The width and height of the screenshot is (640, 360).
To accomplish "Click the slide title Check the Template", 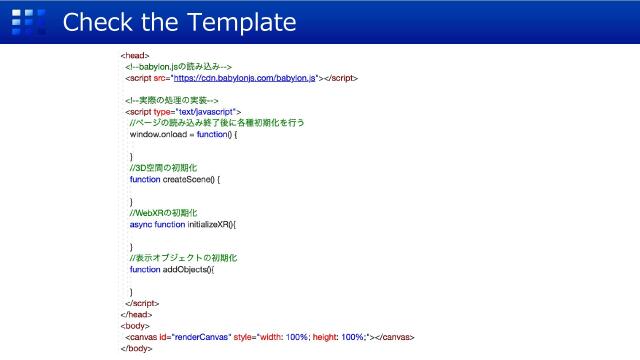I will coord(179,21).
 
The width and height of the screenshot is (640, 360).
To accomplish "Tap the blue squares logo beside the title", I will coord(34,21).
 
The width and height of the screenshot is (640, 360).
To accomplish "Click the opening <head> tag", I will coord(135,56).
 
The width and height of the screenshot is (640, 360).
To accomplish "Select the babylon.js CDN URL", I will coord(244,77).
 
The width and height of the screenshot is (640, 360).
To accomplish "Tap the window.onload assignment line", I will coord(184,133).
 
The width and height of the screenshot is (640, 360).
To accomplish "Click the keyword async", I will coord(140,224).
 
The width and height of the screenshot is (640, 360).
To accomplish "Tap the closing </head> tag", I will coord(136,314).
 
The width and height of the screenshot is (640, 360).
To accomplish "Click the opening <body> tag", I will coord(135,325).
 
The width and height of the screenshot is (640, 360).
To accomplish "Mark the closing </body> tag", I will coord(136,348).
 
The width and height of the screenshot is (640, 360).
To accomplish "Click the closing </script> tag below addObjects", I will coord(142,302).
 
